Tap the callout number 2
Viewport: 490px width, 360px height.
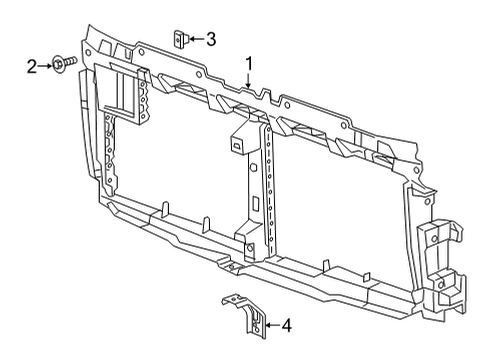click(x=32, y=66)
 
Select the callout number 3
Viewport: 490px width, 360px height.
click(x=211, y=40)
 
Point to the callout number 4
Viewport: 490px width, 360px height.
click(x=287, y=324)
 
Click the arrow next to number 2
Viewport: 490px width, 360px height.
click(x=44, y=66)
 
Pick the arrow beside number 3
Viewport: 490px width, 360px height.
click(x=197, y=40)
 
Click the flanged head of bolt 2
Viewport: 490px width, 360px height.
click(x=58, y=66)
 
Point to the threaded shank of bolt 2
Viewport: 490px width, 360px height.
click(x=67, y=67)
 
